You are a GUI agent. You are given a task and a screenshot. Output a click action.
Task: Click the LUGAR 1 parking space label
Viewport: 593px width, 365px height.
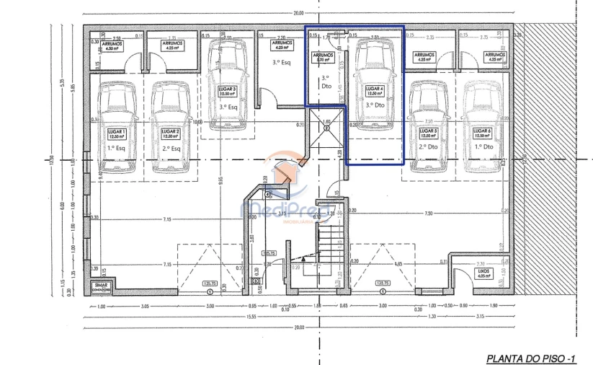pyautogui.click(x=117, y=134)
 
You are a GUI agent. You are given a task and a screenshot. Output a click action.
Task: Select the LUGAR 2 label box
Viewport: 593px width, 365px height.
pyautogui.click(x=171, y=134)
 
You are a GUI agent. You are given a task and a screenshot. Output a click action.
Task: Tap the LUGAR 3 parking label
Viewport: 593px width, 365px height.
pyautogui.click(x=227, y=90)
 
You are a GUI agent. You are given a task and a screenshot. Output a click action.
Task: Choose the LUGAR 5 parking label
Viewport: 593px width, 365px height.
pyautogui.click(x=429, y=134)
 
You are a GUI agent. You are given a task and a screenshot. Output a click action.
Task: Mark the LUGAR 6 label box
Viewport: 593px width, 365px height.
pyautogui.click(x=482, y=134)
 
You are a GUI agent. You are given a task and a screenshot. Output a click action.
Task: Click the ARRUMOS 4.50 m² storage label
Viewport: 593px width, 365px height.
pyautogui.click(x=112, y=46)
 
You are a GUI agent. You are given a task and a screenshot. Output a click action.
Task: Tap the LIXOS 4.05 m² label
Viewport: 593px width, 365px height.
pyautogui.click(x=483, y=273)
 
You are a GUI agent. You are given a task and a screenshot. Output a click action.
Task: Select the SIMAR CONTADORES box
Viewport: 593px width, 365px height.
pyautogui.click(x=100, y=287)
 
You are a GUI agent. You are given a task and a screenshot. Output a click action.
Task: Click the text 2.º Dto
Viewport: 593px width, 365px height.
pyautogui.click(x=428, y=146)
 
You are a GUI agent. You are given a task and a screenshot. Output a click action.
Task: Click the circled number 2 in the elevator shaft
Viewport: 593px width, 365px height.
pyautogui.click(x=326, y=128)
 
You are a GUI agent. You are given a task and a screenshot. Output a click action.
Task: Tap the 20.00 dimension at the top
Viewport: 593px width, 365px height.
pyautogui.click(x=298, y=13)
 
